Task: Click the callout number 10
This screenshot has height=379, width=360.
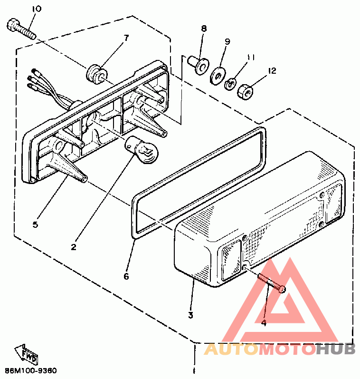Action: pyautogui.click(x=37, y=9)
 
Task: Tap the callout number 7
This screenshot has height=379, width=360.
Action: pyautogui.click(x=126, y=38)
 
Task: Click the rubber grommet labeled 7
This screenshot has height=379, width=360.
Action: pyautogui.click(x=96, y=74)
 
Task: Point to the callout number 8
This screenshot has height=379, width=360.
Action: pyautogui.click(x=204, y=29)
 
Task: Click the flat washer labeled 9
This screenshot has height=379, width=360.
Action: pyautogui.click(x=218, y=76)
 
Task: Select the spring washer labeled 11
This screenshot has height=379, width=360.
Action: pyautogui.click(x=231, y=84)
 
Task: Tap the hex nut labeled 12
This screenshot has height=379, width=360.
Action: pyautogui.click(x=246, y=92)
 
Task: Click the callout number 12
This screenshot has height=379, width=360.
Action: pyautogui.click(x=272, y=71)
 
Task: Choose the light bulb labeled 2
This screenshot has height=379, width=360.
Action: pyautogui.click(x=141, y=150)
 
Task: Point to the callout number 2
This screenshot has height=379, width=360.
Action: pyautogui.click(x=74, y=247)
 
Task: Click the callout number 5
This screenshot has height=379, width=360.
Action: pyautogui.click(x=35, y=224)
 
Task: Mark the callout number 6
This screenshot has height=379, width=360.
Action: pyautogui.click(x=126, y=276)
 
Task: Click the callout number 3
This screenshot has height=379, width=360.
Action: pyautogui.click(x=191, y=315)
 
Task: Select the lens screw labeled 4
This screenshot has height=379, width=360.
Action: pyautogui.click(x=272, y=283)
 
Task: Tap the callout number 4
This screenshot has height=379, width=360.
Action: pyautogui.click(x=264, y=323)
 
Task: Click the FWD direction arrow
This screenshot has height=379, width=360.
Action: pyautogui.click(x=27, y=353)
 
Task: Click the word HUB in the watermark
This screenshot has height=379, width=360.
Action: pyautogui.click(x=336, y=349)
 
